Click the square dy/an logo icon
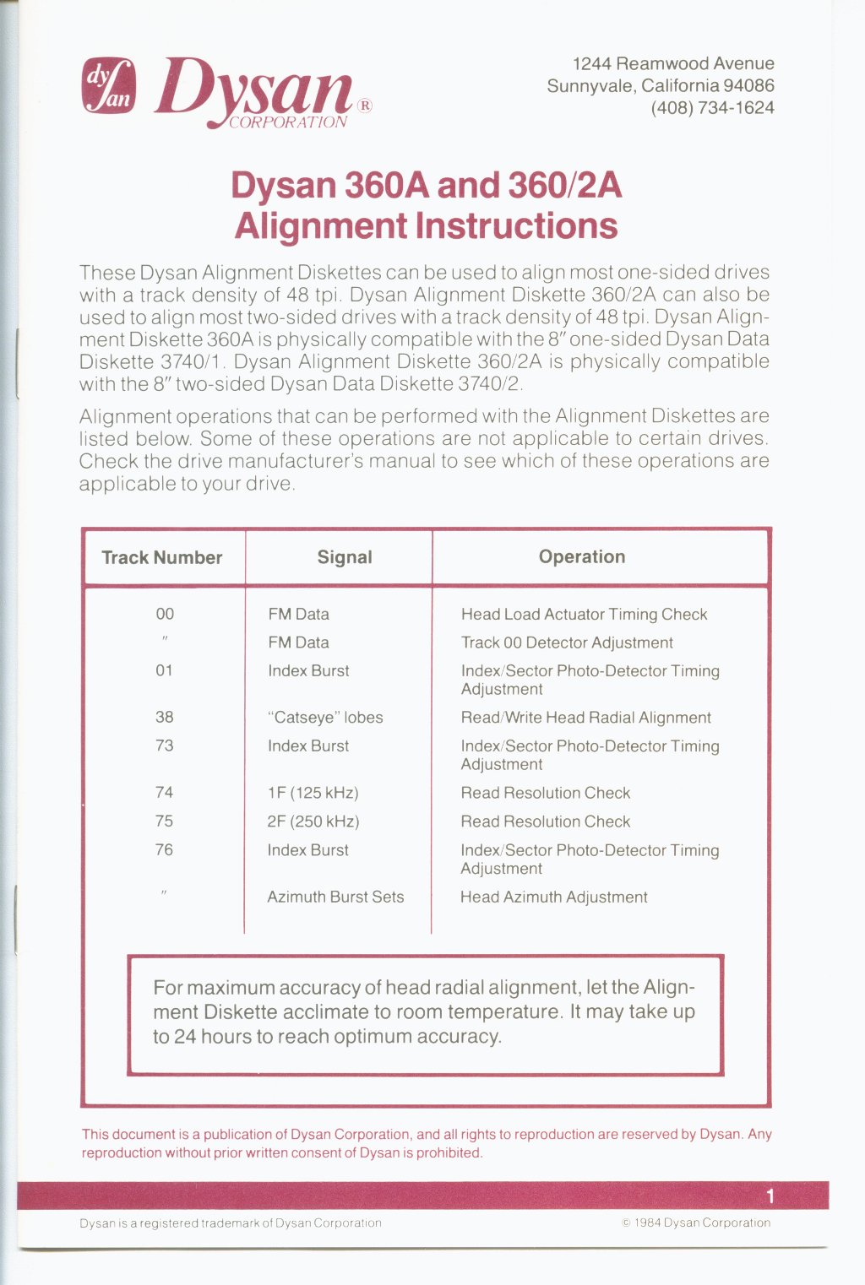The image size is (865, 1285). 107,86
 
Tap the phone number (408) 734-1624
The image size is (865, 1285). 712,108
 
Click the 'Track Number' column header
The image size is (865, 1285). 162,557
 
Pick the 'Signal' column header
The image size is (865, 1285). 345,557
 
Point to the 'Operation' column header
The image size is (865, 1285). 582,557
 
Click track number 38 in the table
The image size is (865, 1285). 165,718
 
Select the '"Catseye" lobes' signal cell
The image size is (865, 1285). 325,718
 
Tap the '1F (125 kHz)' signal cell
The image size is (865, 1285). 313,793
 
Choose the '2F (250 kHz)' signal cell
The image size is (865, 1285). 313,821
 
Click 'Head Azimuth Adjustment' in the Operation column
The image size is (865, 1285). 554,897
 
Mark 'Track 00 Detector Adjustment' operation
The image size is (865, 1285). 567,642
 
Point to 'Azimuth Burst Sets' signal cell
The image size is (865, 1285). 335,897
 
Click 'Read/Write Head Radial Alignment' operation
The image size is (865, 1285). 586,718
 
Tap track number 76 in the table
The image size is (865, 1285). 165,850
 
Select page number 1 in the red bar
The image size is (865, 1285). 770,1196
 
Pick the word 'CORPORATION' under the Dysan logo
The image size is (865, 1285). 288,122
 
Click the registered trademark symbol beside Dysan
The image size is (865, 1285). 364,106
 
